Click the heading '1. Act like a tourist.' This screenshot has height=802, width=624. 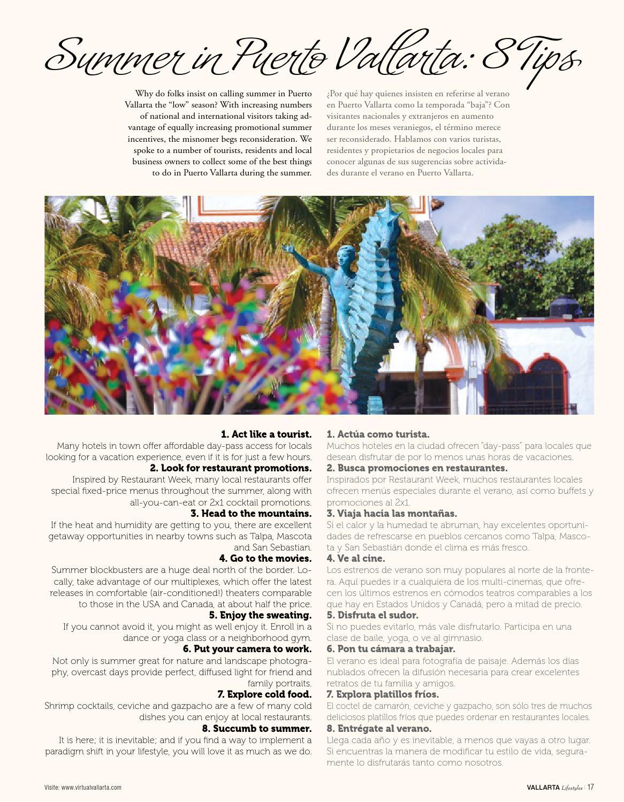click(x=266, y=434)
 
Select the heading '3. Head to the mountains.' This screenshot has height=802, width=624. click(x=251, y=513)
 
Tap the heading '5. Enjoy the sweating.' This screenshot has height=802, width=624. click(x=260, y=615)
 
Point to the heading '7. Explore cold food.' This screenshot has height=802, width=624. click(x=264, y=694)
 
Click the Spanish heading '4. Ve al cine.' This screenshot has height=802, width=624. click(x=355, y=558)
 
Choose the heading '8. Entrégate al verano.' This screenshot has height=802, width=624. click(x=379, y=728)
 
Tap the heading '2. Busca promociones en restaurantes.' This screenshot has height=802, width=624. click(x=417, y=468)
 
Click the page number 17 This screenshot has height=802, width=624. click(x=591, y=787)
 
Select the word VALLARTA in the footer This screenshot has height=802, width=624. click(x=543, y=788)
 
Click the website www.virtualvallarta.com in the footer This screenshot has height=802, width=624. click(x=91, y=788)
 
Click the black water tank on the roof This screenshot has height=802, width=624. click(x=565, y=306)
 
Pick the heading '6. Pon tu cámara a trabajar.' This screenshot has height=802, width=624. click(x=391, y=649)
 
